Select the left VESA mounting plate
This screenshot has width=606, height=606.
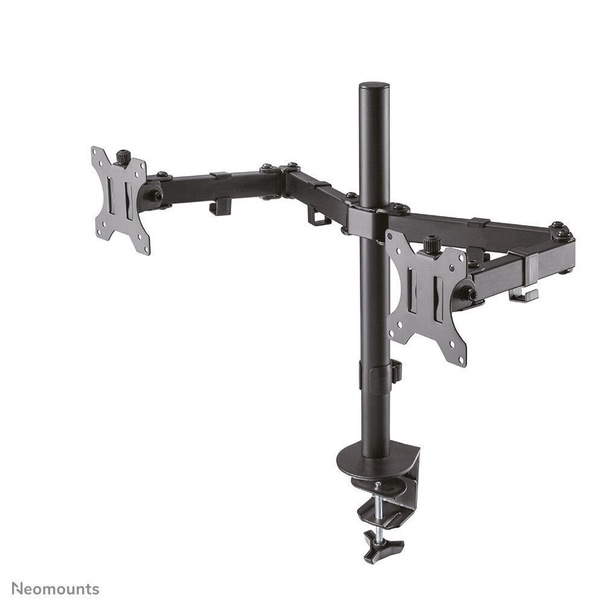click(x=121, y=200)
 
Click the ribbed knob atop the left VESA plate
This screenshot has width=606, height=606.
click(x=124, y=156)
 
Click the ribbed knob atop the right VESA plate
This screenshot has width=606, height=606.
click(x=430, y=244)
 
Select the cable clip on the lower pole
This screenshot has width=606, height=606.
click(x=395, y=371)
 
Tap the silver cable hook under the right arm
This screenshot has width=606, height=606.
click(x=523, y=295)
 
